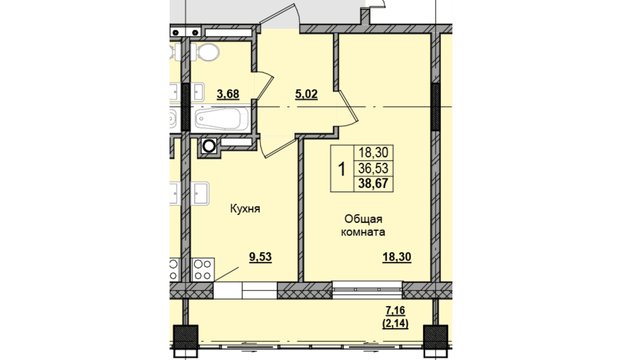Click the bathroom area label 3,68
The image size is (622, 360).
click(x=228, y=94)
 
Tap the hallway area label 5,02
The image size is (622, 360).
click(x=306, y=94)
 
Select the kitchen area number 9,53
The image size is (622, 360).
click(x=260, y=257)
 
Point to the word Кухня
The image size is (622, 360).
click(x=245, y=209)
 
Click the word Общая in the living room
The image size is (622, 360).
click(x=363, y=219)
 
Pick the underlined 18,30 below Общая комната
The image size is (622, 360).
click(x=397, y=257)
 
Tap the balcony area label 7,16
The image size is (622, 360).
click(x=395, y=310)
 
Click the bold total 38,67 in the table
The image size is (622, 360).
click(x=373, y=183)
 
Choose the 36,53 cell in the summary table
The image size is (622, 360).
click(x=373, y=169)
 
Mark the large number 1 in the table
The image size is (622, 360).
click(x=341, y=169)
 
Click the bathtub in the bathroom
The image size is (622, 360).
click(x=221, y=119)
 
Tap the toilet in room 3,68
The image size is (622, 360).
click(x=206, y=52)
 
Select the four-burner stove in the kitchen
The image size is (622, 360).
click(x=203, y=270)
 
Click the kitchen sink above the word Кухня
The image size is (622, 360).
click(x=200, y=194)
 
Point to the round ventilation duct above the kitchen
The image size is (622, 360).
click(x=209, y=146)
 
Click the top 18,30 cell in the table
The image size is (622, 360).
click(x=373, y=152)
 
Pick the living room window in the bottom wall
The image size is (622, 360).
click(x=367, y=290)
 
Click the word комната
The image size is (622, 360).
click(x=363, y=232)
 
